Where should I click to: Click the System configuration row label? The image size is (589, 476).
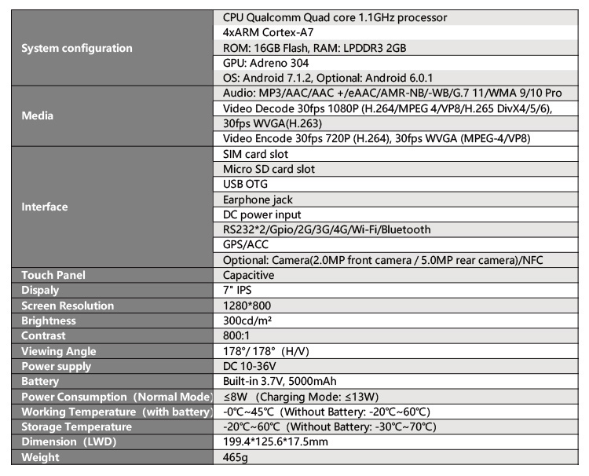point(77,48)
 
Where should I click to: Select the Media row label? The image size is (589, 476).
point(38,115)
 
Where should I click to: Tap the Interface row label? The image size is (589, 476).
point(45,207)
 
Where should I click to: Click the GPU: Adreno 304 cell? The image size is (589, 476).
point(266,63)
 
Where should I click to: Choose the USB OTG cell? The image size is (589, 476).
point(247,185)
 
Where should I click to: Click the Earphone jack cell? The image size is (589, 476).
point(258,200)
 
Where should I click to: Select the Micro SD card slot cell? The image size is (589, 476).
point(269,169)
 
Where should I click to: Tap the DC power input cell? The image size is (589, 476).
point(262,214)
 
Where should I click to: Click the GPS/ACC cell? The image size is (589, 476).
point(247,245)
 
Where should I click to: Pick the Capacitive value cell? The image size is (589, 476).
point(248,276)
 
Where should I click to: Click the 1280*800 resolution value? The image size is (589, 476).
point(247,306)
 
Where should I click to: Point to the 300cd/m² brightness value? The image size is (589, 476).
point(247,320)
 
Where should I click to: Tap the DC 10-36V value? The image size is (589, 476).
point(251,367)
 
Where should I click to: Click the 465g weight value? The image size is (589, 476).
point(236,458)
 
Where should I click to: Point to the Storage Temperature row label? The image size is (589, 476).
point(77,427)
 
